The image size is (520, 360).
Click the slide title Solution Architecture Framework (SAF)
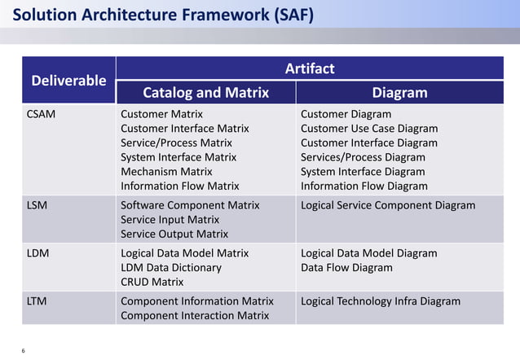point(164,16)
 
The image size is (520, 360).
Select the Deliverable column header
point(68,80)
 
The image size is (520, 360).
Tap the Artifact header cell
point(309,68)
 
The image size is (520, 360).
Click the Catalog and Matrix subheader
point(205,93)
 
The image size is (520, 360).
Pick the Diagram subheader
point(399,93)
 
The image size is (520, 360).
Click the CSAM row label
point(42,114)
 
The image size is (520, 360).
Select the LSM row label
point(37,205)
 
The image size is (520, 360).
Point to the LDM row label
point(38,253)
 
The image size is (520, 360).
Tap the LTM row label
point(37,301)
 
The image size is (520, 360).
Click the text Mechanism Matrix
point(166,171)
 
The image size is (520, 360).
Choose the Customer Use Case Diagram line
point(369,129)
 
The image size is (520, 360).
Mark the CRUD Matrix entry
point(152,282)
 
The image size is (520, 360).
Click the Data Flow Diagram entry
point(346,267)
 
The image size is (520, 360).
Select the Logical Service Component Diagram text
point(388,205)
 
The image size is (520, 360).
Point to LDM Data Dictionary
point(171,267)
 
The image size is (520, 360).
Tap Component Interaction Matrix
point(195,316)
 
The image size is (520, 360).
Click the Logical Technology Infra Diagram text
point(381,301)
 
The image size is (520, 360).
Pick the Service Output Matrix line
point(174,234)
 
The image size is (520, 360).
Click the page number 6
point(23,350)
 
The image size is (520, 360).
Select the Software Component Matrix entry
point(190,205)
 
